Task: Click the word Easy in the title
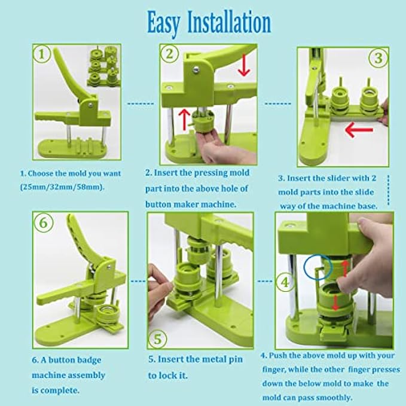(x=163, y=24)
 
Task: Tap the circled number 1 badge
(x=42, y=54)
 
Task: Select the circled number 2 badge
(x=169, y=54)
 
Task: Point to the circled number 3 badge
(x=378, y=57)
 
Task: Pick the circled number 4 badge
(x=285, y=282)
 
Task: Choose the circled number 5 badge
(x=157, y=339)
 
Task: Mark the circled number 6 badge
(x=43, y=222)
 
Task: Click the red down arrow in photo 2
(x=243, y=65)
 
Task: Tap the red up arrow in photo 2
(x=184, y=120)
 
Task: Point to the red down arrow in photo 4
(x=335, y=303)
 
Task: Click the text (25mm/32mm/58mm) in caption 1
(x=62, y=187)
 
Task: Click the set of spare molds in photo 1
(x=104, y=66)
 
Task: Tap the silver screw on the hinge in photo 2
(x=197, y=69)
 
